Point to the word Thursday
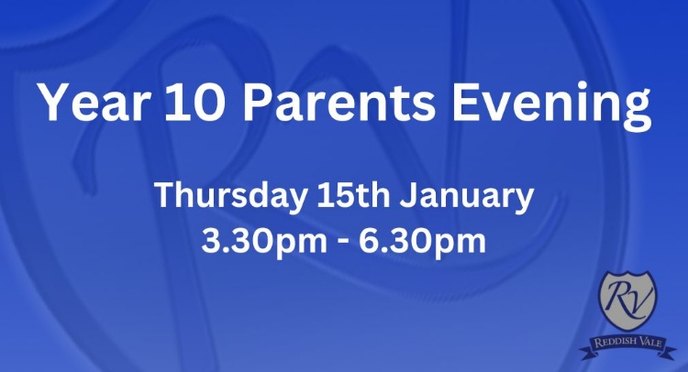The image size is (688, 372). click(x=230, y=196)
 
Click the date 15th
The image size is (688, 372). click(x=354, y=195)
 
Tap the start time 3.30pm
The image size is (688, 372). click(x=263, y=242)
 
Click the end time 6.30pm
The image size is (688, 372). click(x=423, y=242)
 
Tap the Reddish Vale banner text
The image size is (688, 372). click(x=627, y=342)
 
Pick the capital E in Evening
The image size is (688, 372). click(x=465, y=103)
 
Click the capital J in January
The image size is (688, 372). click(x=408, y=196)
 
